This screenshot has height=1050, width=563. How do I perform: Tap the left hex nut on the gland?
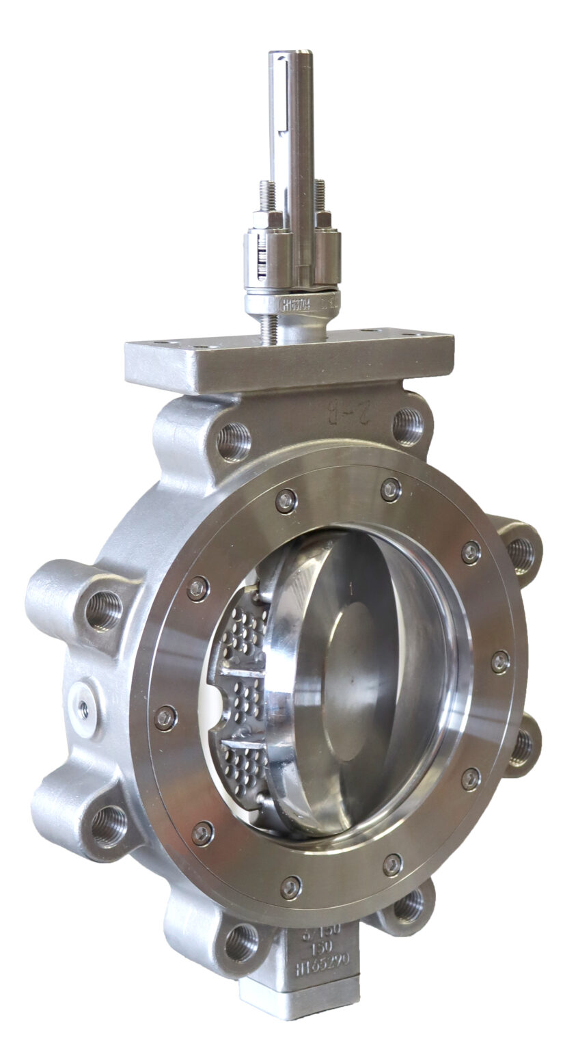[267, 219]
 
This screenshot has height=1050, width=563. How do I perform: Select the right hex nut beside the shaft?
[322, 219]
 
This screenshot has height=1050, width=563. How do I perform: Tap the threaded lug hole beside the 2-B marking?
[407, 425]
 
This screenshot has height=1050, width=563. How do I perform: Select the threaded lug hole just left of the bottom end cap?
[241, 941]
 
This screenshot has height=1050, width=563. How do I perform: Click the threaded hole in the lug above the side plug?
[103, 610]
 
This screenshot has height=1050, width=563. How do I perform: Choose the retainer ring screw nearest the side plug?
[165, 717]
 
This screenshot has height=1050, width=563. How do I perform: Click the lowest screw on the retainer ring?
[291, 887]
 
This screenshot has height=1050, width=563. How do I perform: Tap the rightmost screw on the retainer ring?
[501, 661]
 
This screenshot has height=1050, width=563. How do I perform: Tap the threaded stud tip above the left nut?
[267, 194]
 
